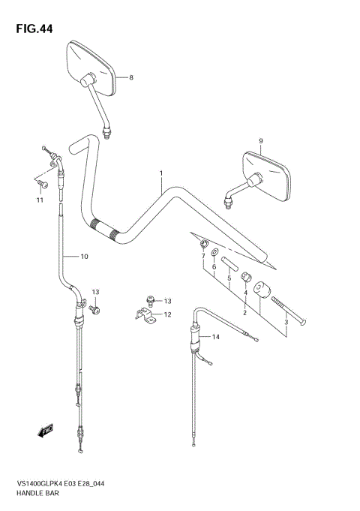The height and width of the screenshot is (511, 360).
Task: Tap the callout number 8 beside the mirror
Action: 130,78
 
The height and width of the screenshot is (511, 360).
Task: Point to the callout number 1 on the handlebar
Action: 160,174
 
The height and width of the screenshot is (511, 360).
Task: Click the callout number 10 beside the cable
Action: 84,257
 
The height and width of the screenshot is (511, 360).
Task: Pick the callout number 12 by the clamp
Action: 167,315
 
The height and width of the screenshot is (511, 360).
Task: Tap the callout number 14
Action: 217,338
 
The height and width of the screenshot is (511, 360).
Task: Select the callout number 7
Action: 202,257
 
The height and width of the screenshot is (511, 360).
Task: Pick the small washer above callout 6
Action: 214,252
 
